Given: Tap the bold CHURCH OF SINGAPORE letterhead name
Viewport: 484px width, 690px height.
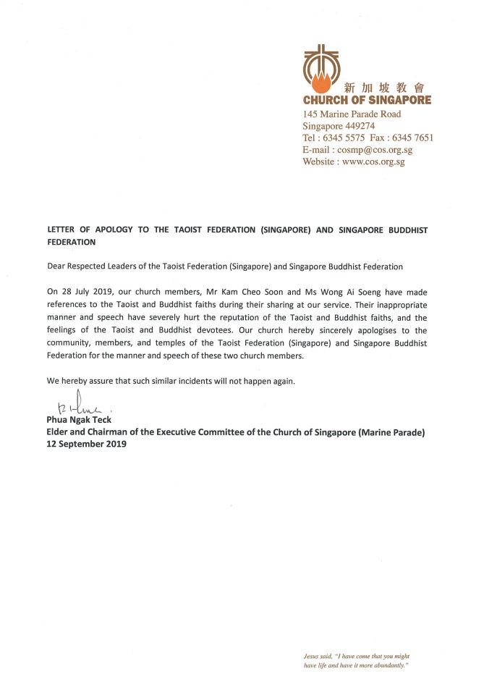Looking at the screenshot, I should (x=367, y=100).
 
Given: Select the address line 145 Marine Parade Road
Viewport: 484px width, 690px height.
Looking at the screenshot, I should (x=352, y=114).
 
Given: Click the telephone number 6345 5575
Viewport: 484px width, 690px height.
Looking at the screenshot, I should (x=348, y=138).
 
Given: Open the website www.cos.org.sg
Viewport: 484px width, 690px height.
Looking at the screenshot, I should (x=373, y=161).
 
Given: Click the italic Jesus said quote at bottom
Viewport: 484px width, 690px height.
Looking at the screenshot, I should (x=357, y=659).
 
